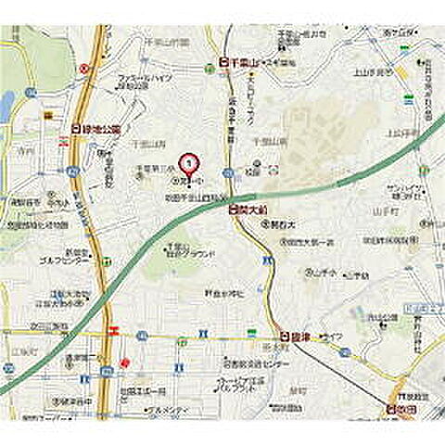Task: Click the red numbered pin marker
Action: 188,163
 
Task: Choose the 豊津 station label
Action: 294,337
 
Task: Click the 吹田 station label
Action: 405,406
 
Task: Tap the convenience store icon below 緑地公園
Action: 65,142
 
